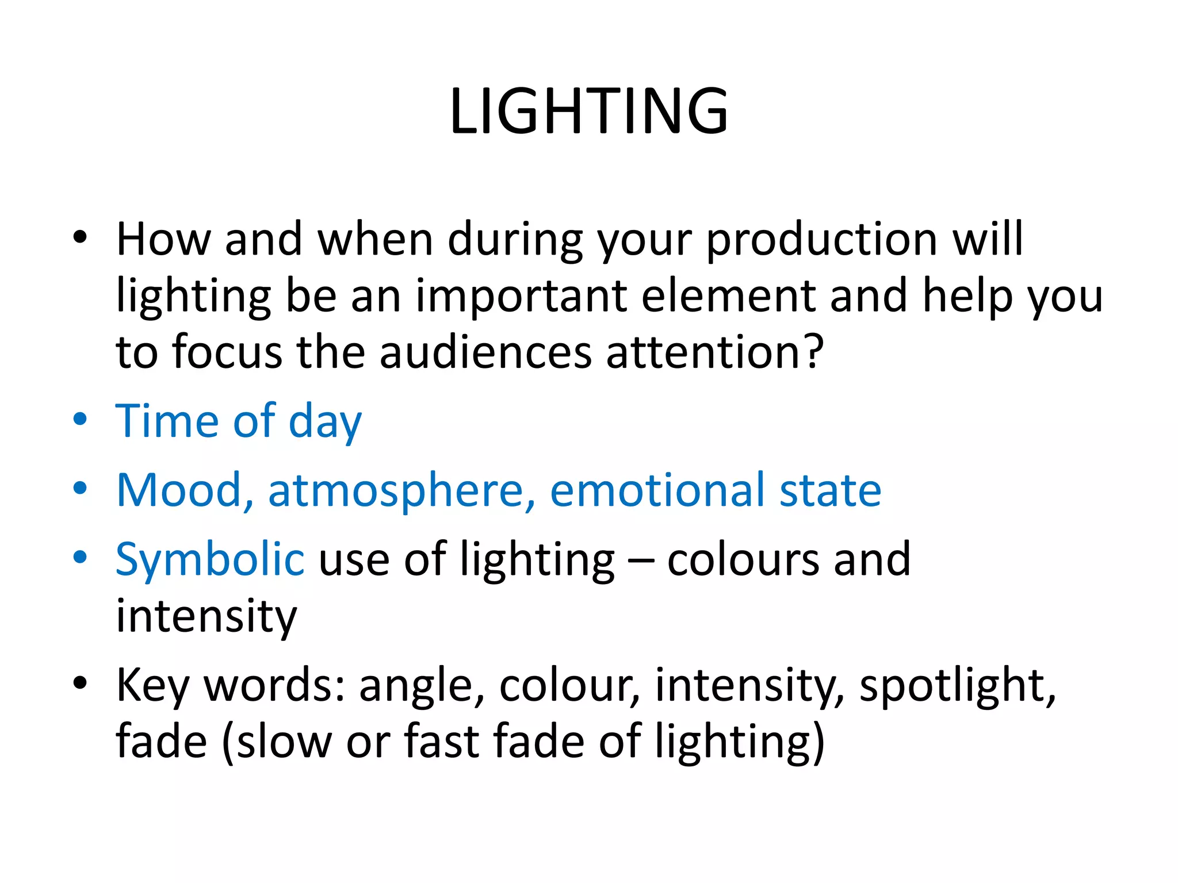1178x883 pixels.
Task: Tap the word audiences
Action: point(485,352)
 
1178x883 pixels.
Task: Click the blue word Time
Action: point(167,421)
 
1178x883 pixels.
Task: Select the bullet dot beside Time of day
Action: point(80,419)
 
